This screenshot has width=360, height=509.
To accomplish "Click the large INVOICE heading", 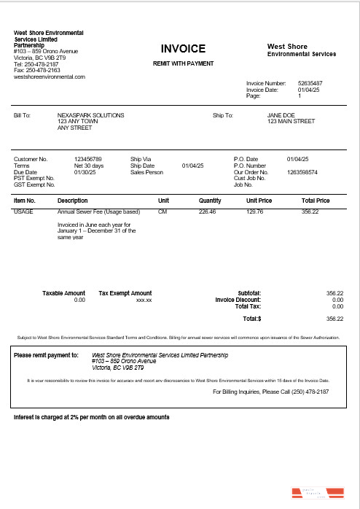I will coord(183,49).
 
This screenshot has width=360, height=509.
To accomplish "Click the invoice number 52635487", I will coord(310,83).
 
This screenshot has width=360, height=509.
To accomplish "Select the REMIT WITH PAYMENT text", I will coord(183,63).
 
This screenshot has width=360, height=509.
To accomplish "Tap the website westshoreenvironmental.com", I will coord(50,77).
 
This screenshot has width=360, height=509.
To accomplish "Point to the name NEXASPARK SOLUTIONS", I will coord(90,115).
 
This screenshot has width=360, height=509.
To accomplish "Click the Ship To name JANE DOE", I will coord(281,115).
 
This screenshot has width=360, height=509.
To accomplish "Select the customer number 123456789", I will coord(88,159).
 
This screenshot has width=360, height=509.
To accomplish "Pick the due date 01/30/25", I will coord(85,172).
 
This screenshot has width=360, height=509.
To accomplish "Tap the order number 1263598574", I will coord(303,172).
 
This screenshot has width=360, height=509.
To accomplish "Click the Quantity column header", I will coord(210,201).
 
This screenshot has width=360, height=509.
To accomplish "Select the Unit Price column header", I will coord(259,201).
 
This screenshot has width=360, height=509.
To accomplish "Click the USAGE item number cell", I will coord(23,211).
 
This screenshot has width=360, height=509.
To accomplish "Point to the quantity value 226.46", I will coord(208,211).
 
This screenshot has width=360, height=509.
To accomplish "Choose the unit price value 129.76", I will coord(254,211).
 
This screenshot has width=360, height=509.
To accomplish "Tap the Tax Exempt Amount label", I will coord(125,293).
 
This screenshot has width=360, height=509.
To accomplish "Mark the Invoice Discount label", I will coord(238,300).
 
